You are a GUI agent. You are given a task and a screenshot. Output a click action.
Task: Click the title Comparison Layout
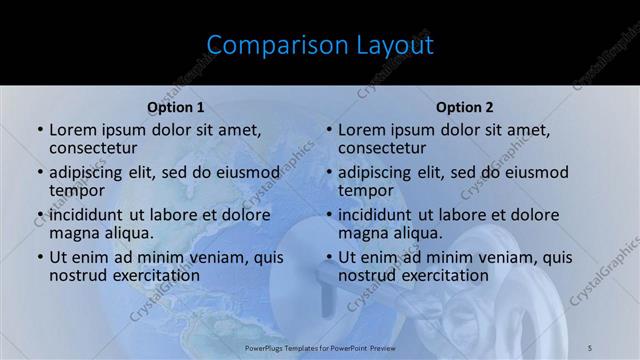pyautogui.click(x=320, y=45)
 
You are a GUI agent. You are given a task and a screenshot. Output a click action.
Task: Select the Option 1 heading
pyautogui.click(x=176, y=107)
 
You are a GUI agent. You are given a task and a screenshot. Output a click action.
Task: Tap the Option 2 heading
pyautogui.click(x=465, y=107)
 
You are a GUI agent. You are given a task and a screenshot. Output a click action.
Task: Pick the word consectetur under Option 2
pyautogui.click(x=382, y=148)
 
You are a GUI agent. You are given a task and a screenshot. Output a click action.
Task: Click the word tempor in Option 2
pyautogui.click(x=365, y=190)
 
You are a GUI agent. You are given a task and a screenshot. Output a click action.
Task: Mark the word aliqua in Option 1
pyautogui.click(x=127, y=233)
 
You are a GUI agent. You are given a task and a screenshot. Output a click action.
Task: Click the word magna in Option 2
pyautogui.click(x=362, y=233)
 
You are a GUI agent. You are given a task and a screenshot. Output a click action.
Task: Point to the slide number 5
pyautogui.click(x=590, y=347)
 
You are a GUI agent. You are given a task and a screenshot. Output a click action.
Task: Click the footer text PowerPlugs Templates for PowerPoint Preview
pyautogui.click(x=320, y=347)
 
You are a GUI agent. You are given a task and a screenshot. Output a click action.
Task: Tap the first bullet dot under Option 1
pyautogui.click(x=40, y=130)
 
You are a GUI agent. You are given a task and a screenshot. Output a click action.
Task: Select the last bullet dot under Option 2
pyautogui.click(x=329, y=257)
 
